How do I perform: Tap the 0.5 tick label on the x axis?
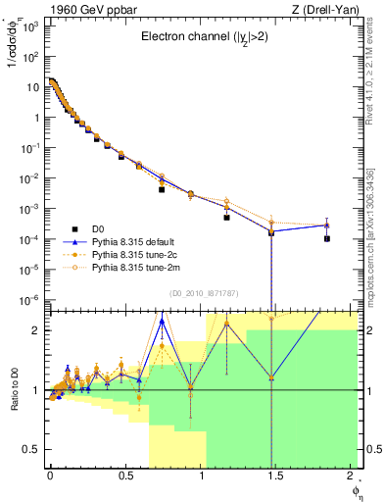(x=124, y=476)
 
